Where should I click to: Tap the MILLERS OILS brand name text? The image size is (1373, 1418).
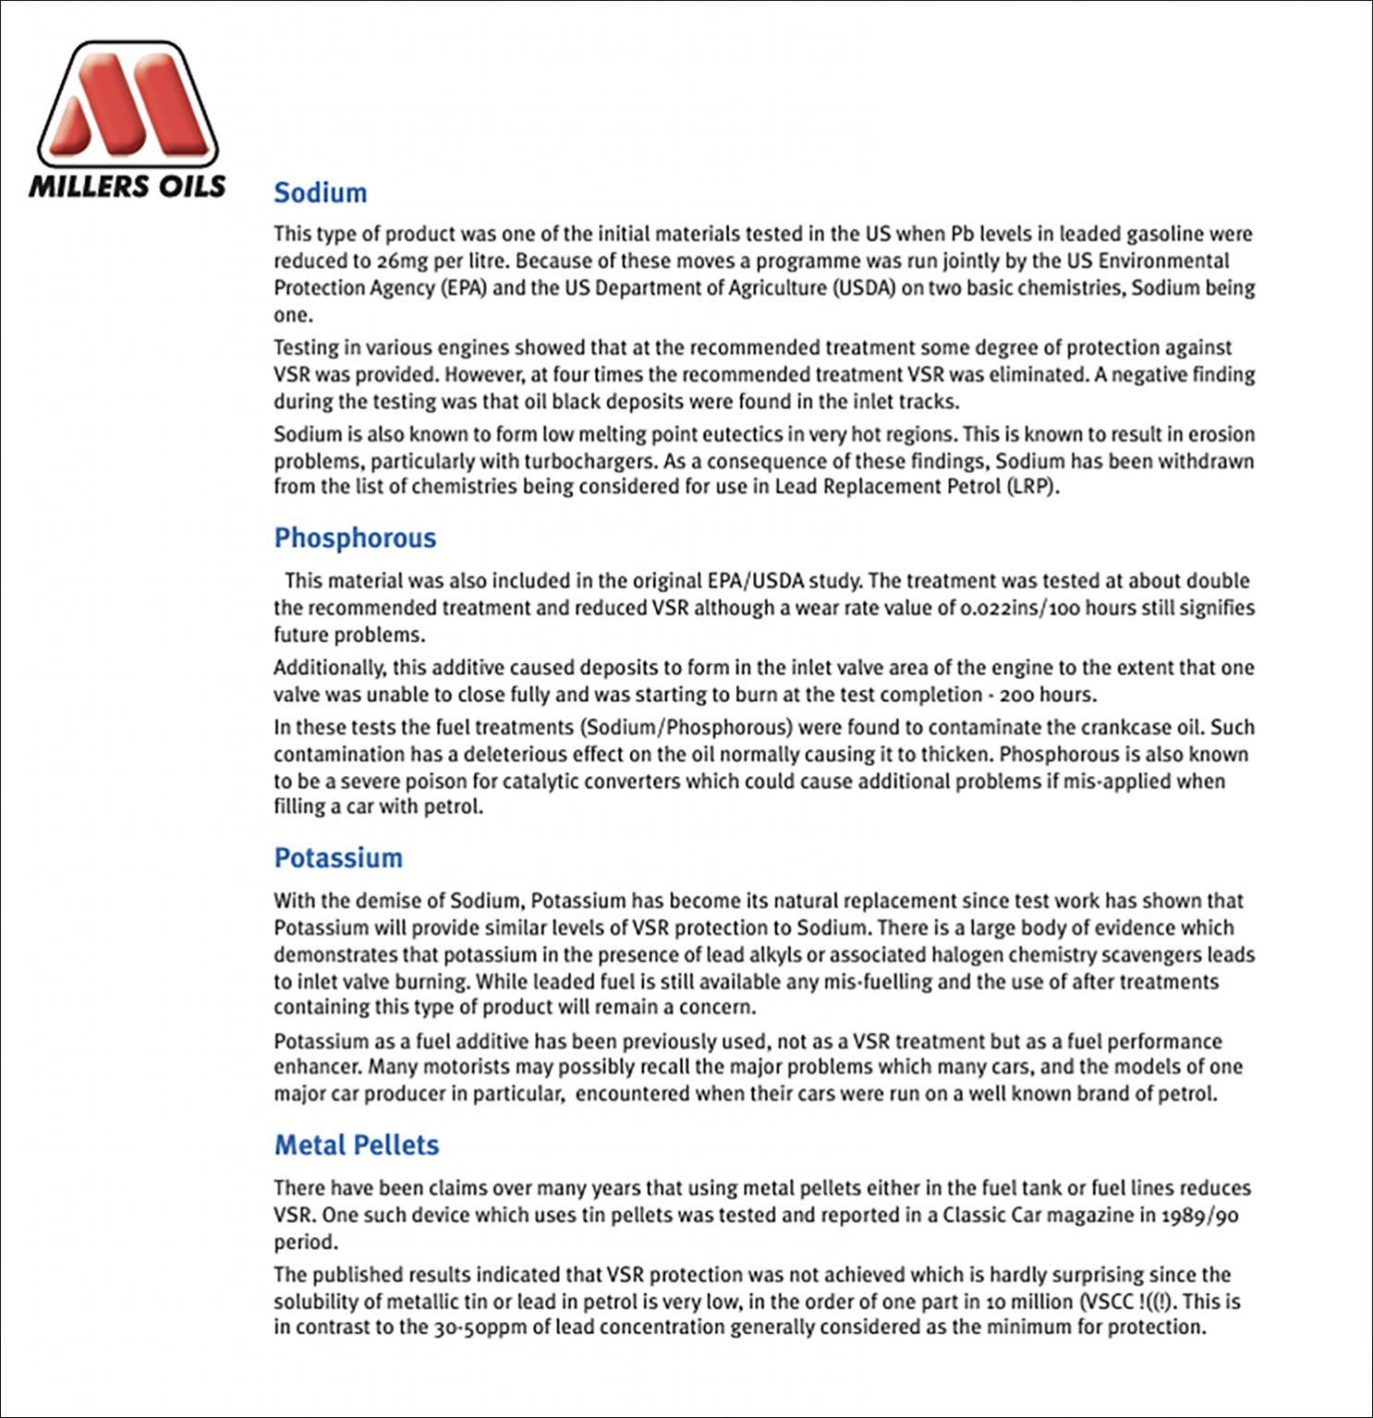coord(127,186)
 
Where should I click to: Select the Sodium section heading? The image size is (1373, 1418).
coord(320,193)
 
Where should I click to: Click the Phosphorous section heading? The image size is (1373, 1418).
coord(355,538)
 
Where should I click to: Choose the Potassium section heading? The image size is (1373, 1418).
coord(338,858)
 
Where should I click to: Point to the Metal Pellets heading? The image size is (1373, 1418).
coord(356,1145)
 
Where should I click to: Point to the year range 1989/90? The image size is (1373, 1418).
coord(1199,1215)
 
